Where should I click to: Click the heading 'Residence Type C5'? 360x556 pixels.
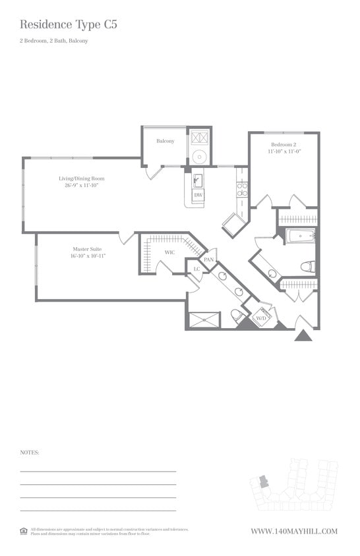pyautogui.click(x=69, y=25)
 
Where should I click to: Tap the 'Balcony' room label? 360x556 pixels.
pyautogui.click(x=165, y=141)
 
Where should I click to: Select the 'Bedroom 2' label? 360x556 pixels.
pyautogui.click(x=284, y=144)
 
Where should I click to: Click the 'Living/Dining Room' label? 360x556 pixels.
pyautogui.click(x=82, y=179)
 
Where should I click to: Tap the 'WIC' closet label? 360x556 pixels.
pyautogui.click(x=169, y=252)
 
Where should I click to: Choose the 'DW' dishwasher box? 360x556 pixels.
pyautogui.click(x=198, y=195)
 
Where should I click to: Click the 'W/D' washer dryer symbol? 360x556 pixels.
pyautogui.click(x=262, y=318)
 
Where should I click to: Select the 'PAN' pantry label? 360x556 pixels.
pyautogui.click(x=208, y=260)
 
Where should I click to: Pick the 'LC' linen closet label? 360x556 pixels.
pyautogui.click(x=196, y=269)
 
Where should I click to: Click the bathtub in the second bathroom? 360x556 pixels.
pyautogui.click(x=301, y=235)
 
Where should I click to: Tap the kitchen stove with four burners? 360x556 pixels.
pyautogui.click(x=242, y=190)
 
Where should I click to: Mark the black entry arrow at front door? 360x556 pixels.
pyautogui.click(x=303, y=335)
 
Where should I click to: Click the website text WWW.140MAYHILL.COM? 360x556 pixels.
pyautogui.click(x=294, y=531)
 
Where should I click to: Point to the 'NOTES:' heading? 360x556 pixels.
pyautogui.click(x=30, y=453)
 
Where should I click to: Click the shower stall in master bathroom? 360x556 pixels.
pyautogui.click(x=204, y=320)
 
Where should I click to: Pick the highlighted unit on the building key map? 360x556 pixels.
pyautogui.click(x=264, y=481)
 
